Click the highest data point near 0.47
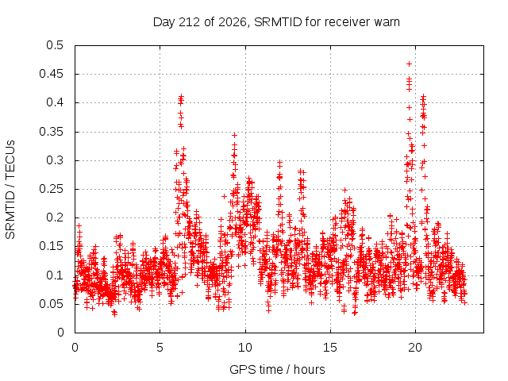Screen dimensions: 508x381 410,63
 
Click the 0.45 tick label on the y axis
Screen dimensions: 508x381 51,74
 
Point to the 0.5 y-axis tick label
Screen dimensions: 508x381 55,45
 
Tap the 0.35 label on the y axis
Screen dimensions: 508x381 51,132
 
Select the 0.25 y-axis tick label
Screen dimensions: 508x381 51,189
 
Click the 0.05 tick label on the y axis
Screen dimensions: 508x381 51,304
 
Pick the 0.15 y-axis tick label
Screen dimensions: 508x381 51,247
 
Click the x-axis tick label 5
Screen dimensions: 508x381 160,348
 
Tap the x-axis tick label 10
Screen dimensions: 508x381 245,348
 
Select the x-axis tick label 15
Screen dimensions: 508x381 330,348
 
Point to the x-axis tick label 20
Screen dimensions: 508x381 415,348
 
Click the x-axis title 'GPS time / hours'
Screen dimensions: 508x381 277,370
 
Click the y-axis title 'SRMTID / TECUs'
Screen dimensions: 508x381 10,190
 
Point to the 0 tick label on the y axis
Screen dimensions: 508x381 60,333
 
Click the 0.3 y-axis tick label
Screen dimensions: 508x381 55,160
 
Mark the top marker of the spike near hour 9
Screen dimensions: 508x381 235,135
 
